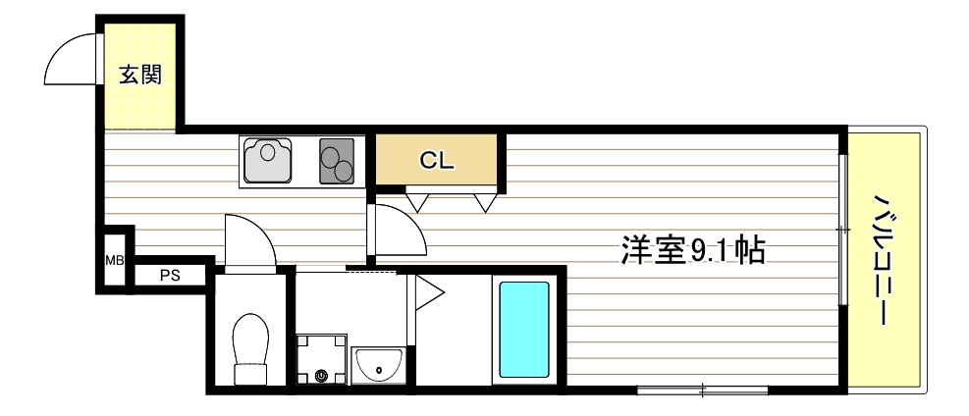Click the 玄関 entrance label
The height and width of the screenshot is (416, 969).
point(140,75)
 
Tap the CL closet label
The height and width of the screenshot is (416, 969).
point(437,162)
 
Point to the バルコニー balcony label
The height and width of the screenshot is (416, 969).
point(883,259)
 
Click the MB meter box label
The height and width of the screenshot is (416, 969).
point(115,261)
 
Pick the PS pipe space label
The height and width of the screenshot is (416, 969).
point(170,276)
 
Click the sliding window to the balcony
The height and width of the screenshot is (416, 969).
point(841,229)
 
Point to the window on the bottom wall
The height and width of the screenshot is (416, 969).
point(701,390)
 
